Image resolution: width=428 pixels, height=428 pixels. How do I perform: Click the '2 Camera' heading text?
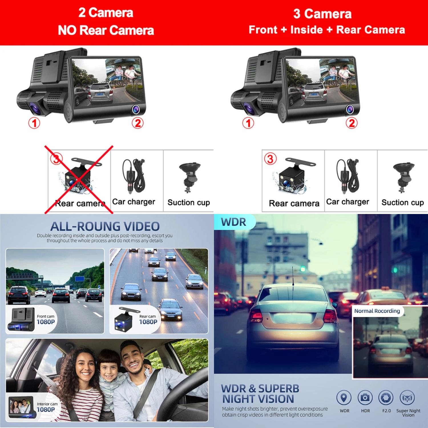(x=106, y=13)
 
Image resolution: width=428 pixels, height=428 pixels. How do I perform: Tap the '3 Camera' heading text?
(x=322, y=14)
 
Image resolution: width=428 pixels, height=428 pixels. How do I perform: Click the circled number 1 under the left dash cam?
(x=34, y=123)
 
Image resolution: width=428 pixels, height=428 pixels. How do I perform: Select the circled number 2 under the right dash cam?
(x=352, y=123)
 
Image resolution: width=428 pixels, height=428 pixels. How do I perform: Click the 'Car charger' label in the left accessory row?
(x=134, y=202)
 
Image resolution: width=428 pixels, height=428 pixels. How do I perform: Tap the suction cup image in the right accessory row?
(x=403, y=177)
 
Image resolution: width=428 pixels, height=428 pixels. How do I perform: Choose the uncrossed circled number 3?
(x=270, y=159)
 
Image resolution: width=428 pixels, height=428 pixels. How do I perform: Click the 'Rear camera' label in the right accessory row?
(x=294, y=203)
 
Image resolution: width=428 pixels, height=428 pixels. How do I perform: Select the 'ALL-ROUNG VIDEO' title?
(x=105, y=227)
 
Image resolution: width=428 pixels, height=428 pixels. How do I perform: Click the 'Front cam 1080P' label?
(x=46, y=320)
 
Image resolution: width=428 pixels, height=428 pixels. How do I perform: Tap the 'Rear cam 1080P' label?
(x=148, y=320)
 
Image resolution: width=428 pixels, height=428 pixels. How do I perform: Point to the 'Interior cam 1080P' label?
(x=47, y=407)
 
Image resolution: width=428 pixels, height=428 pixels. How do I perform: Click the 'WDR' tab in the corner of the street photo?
(x=233, y=222)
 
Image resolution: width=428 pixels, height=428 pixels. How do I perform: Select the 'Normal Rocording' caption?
(x=377, y=311)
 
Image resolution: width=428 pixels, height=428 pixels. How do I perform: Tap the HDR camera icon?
(x=365, y=397)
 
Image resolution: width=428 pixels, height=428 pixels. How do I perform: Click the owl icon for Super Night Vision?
(x=407, y=397)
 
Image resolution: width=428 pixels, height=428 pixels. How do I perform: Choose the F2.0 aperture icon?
(x=386, y=397)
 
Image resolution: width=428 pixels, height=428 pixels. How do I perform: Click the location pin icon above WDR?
(x=344, y=397)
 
